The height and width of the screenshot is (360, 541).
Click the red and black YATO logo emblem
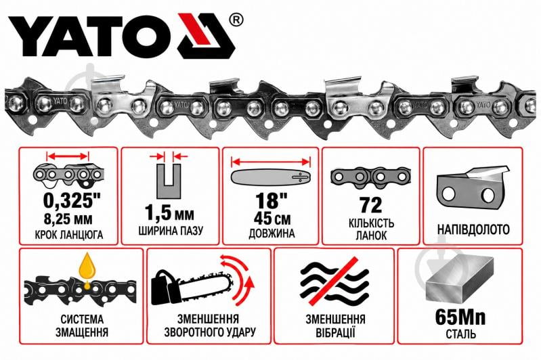click(x=207, y=37)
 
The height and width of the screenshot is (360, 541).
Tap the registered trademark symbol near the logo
click(x=236, y=20)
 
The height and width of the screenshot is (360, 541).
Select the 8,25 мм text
click(x=68, y=219)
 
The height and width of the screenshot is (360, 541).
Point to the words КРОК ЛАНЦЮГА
click(x=68, y=235)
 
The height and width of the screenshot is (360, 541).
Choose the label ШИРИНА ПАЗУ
click(x=171, y=230)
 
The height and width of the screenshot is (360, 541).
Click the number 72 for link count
click(x=370, y=205)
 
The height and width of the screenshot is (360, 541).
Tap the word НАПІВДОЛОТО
click(x=473, y=229)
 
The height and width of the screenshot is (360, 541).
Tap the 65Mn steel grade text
click(x=460, y=317)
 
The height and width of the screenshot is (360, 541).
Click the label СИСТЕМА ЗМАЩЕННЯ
click(x=82, y=325)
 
